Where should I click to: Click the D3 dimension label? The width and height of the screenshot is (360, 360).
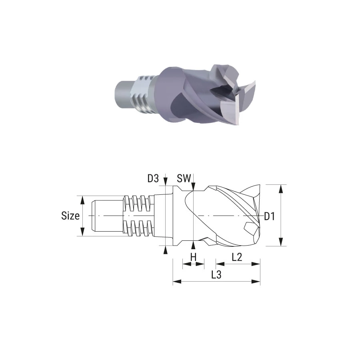tap(153, 178)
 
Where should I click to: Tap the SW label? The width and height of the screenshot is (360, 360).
tap(184, 178)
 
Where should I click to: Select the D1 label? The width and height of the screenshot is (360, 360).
tap(269, 216)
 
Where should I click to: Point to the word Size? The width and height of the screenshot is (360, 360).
tap(70, 216)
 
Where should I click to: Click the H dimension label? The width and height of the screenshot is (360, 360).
tap(193, 257)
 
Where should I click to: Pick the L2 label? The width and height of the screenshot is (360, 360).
tap(237, 257)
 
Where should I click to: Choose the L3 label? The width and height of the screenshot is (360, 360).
tap(216, 274)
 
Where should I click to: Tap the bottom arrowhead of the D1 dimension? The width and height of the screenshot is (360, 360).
tap(280, 242)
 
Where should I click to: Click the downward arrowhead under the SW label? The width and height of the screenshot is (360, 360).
tap(194, 186)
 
